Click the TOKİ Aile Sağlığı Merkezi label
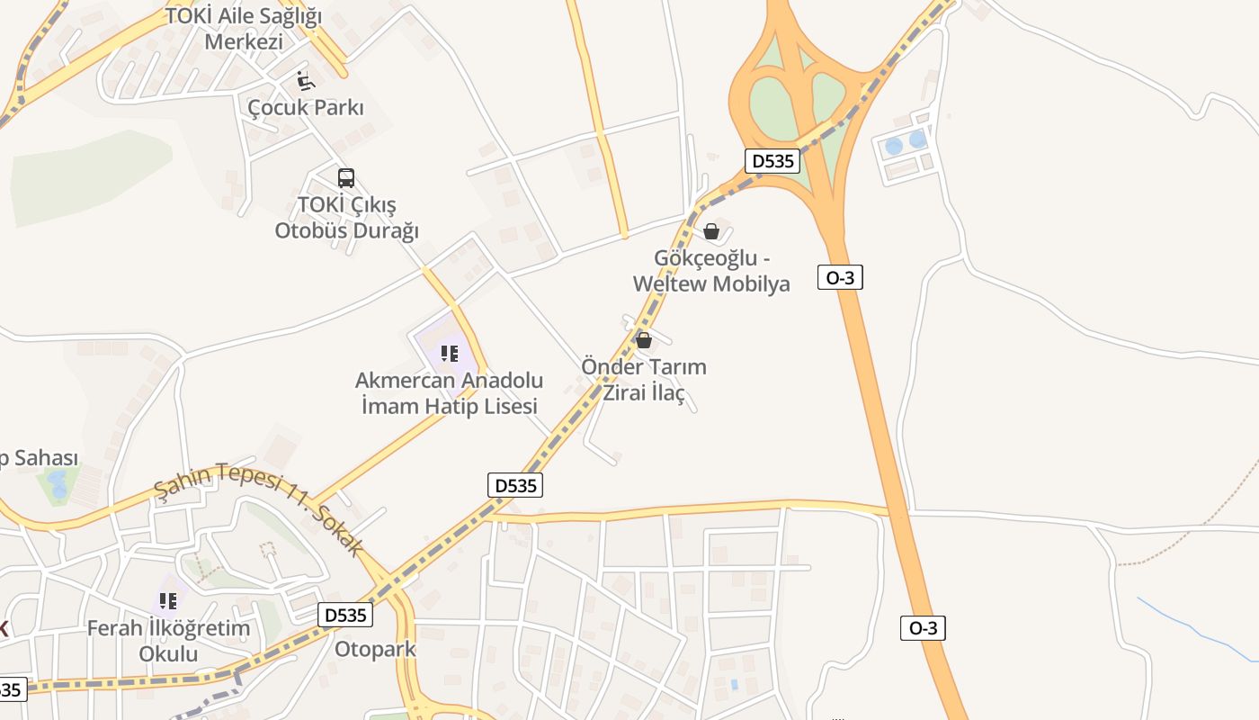[x=244, y=29]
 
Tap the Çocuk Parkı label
[x=306, y=107]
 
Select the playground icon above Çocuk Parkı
[x=306, y=82]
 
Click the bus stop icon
[x=346, y=177]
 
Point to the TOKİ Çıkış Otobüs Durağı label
[x=347, y=218]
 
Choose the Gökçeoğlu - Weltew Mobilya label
[x=711, y=271]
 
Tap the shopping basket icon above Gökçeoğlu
[x=711, y=231]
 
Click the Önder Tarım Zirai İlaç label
[x=644, y=380]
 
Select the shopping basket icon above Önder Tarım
[x=644, y=339]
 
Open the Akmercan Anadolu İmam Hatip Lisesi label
[x=450, y=393]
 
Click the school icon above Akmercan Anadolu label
[x=450, y=354]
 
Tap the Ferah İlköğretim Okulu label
[x=168, y=640]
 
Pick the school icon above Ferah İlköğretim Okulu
[x=168, y=600]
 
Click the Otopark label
[x=375, y=649]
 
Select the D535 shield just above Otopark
[x=345, y=616]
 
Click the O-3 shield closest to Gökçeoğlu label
[x=840, y=277]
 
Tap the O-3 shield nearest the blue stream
[x=923, y=628]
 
